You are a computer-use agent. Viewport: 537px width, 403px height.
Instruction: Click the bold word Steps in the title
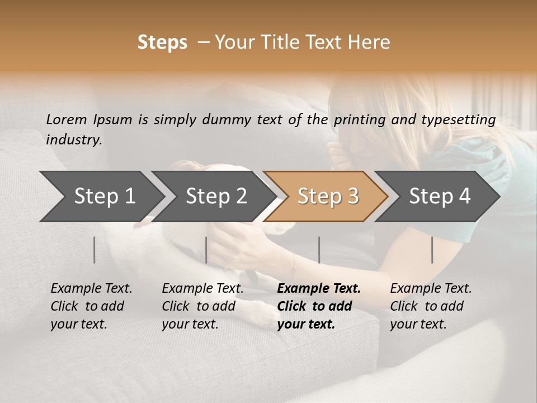pyautogui.click(x=162, y=43)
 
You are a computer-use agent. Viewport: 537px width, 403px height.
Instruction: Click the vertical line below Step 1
pyautogui.click(x=95, y=250)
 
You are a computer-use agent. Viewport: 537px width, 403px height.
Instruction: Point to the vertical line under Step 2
pyautogui.click(x=206, y=250)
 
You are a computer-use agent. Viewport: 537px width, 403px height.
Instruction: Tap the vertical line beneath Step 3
pyautogui.click(x=319, y=250)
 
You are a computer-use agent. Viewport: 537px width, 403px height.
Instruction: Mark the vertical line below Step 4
pyautogui.click(x=432, y=250)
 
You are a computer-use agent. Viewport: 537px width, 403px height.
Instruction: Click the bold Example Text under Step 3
pyautogui.click(x=319, y=289)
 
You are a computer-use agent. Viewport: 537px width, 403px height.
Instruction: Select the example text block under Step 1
pyautogui.click(x=91, y=306)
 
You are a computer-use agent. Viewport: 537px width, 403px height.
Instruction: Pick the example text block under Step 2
pyautogui.click(x=202, y=306)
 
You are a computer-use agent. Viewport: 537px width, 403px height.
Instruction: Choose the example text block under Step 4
pyautogui.click(x=431, y=306)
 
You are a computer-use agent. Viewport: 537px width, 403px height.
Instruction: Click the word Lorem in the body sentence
pyautogui.click(x=66, y=120)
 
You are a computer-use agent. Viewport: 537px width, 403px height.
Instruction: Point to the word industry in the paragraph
pyautogui.click(x=73, y=140)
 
